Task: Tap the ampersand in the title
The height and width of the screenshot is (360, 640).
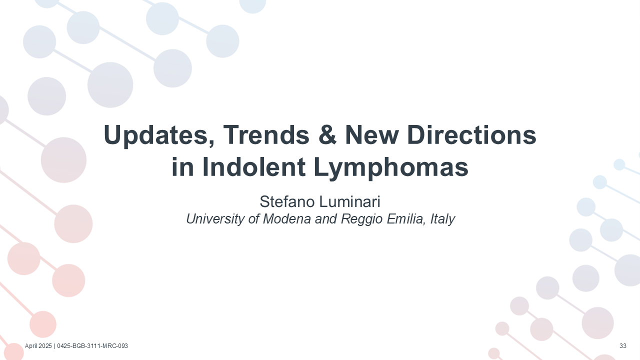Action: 327,134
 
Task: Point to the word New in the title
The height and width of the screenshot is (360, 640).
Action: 371,134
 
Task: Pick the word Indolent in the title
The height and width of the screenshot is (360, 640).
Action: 253,167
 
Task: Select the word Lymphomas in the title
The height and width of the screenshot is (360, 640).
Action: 391,168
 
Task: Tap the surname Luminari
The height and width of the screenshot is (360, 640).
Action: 349,201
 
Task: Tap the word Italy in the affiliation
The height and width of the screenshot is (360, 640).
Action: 442,219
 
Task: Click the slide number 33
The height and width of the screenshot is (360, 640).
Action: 623,346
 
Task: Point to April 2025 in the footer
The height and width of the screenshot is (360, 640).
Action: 38,346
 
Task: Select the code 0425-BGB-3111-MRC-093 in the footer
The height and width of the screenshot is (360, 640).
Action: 92,346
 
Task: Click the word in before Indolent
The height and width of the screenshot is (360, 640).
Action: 182,167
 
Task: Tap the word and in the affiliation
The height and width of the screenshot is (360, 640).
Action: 326,219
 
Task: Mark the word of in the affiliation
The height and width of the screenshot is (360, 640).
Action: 254,219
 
